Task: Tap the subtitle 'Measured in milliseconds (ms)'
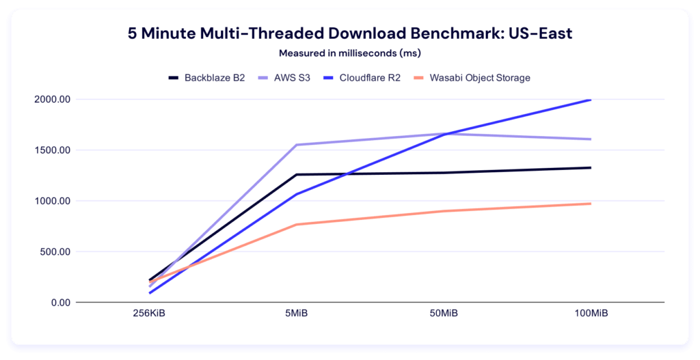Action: pos(349,53)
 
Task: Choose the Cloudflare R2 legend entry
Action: pos(367,78)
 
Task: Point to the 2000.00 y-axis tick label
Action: pos(57,100)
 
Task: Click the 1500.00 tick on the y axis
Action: pos(57,150)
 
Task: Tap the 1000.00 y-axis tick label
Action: pos(57,201)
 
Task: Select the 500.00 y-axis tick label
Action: pos(59,251)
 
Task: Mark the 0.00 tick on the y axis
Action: pos(64,302)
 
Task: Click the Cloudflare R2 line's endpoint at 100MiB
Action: pos(590,100)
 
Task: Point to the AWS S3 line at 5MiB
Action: pos(297,145)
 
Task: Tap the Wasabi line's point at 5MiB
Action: pos(297,225)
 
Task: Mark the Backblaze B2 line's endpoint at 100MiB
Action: pos(590,167)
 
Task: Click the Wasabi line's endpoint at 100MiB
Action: pos(590,204)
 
